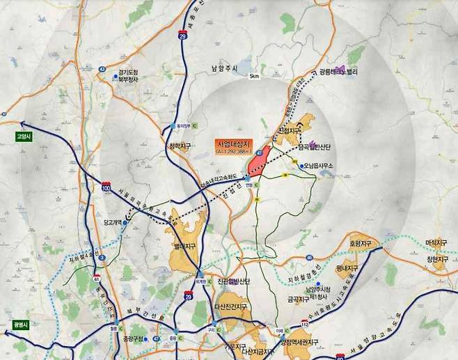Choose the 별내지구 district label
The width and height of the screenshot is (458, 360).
pyautogui.click(x=184, y=246)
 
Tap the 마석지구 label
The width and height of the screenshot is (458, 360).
pyautogui.click(x=436, y=243)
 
